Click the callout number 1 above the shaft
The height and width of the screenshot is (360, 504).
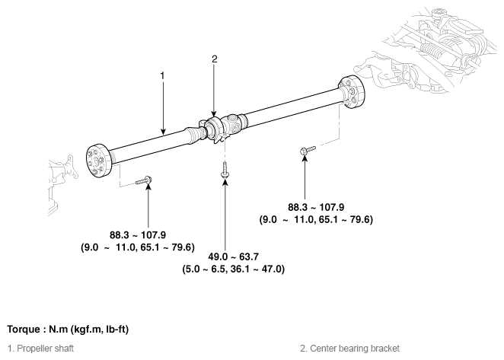(x=162, y=76)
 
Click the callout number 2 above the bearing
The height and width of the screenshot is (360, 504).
(x=215, y=59)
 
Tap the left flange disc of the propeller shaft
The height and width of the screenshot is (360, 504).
(x=99, y=161)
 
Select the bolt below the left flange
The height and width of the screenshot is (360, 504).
(x=144, y=180)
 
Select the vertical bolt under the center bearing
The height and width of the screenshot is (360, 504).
(x=225, y=170)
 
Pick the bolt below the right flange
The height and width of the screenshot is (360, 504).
(x=308, y=150)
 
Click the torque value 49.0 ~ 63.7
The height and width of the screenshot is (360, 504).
(x=234, y=256)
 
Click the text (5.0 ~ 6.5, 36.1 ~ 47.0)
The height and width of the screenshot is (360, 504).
(x=234, y=269)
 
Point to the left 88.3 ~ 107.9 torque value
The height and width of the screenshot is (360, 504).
(x=138, y=235)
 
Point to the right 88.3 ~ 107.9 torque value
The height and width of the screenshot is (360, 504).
(x=316, y=207)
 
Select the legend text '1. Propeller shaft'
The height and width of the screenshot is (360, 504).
(x=40, y=349)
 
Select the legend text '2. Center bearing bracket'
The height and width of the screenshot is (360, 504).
(x=349, y=349)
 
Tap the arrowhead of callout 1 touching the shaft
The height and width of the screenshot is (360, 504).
(x=163, y=132)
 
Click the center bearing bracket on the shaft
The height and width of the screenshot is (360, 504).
(x=212, y=129)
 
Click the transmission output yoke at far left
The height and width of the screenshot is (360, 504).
(x=69, y=167)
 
